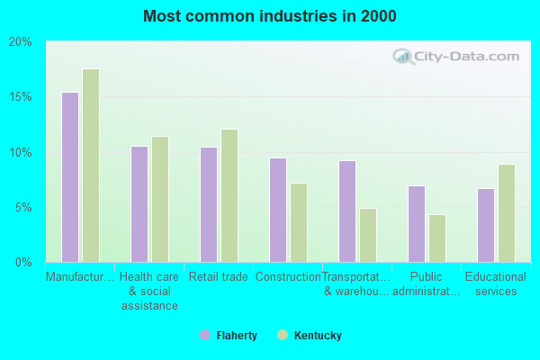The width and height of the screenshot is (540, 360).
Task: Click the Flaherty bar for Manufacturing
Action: coord(70,177)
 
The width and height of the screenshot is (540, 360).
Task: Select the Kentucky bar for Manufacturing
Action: coord(91,166)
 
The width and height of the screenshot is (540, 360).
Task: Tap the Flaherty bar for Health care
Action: coord(139,204)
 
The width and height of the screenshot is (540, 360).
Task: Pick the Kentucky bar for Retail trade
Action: coord(229,195)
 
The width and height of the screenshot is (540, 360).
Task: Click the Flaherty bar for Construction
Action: coord(278,210)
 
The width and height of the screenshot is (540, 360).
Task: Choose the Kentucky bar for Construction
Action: coord(299,222)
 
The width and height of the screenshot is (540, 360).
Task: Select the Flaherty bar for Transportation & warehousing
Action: coord(347,211)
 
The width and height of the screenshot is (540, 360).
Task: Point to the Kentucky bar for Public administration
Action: coord(437,238)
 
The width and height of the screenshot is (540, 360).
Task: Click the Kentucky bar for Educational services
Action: coord(507,213)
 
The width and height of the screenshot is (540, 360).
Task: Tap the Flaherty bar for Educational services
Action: coord(486,225)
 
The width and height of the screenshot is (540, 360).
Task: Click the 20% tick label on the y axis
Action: coord(21,42)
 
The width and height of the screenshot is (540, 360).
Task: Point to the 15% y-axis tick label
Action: coord(21,97)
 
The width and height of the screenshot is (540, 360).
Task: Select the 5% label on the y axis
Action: coord(23,207)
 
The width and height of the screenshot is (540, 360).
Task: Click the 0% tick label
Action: coord(23,263)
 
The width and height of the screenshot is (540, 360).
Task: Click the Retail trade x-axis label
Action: coord(219,277)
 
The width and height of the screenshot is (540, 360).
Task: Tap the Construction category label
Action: coord(288,277)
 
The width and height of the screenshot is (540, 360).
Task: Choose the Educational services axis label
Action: coord(496,284)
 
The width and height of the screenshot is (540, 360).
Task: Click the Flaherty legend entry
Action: coord(229,336)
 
